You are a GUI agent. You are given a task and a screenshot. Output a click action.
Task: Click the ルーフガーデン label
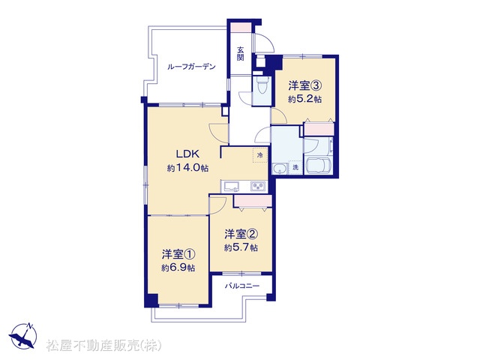[191, 67]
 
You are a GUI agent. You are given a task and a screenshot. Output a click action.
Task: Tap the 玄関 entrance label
[241, 53]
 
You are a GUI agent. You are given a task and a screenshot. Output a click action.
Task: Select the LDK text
[187, 154]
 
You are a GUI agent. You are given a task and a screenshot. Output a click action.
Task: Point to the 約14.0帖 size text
[187, 168]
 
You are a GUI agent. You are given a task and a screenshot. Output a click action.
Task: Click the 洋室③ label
[304, 85]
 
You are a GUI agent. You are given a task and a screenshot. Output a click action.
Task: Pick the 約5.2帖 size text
[304, 99]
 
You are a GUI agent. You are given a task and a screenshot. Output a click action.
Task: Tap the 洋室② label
[241, 234]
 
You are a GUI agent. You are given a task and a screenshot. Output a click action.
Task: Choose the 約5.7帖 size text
[241, 247]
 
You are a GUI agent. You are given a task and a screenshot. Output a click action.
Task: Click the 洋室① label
[178, 254]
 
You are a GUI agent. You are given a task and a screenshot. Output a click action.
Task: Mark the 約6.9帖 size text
[178, 268]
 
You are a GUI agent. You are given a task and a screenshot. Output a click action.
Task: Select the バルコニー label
[242, 286]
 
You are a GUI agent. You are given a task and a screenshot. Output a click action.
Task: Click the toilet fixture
[262, 85]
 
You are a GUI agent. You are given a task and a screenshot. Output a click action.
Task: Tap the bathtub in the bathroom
[318, 165]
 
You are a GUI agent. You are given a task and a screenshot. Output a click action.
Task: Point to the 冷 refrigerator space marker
[260, 155]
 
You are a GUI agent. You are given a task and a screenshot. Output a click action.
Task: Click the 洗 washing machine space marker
[295, 167]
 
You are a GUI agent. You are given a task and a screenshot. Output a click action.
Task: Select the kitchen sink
[232, 186]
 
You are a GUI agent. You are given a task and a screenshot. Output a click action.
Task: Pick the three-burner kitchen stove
[258, 186]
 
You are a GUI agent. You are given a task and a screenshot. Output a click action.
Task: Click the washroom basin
[280, 169]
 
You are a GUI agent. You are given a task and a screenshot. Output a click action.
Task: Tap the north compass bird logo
[23, 336]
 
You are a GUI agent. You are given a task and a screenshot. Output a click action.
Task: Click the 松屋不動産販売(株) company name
[103, 346]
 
